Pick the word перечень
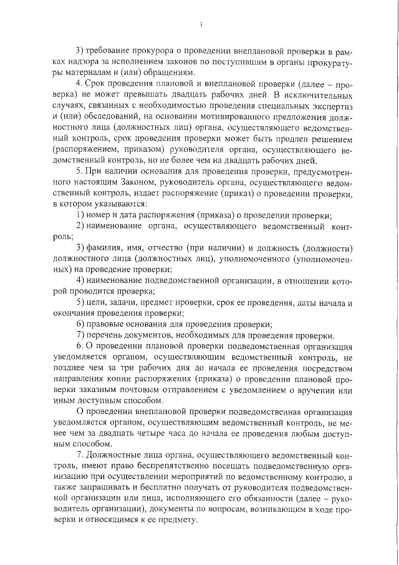105,335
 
